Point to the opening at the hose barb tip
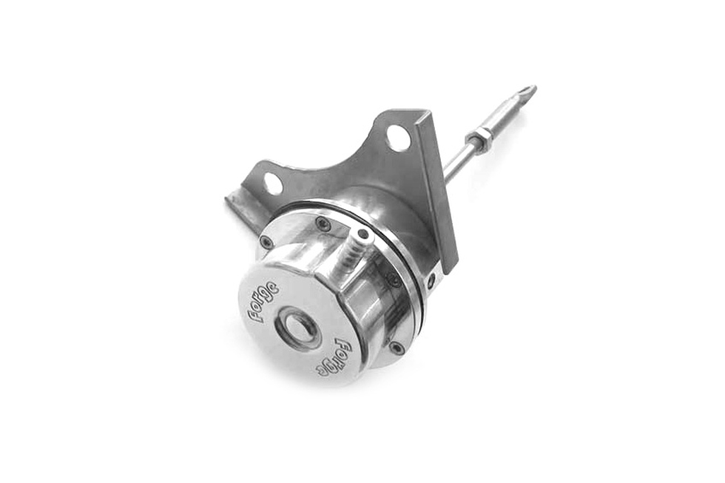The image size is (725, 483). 362,234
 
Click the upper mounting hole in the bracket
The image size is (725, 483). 398,138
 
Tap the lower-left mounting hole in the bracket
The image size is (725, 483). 272,183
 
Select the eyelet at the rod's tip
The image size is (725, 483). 526,92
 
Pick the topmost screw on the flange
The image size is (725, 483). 323,223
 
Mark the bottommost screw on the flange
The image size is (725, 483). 397,347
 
